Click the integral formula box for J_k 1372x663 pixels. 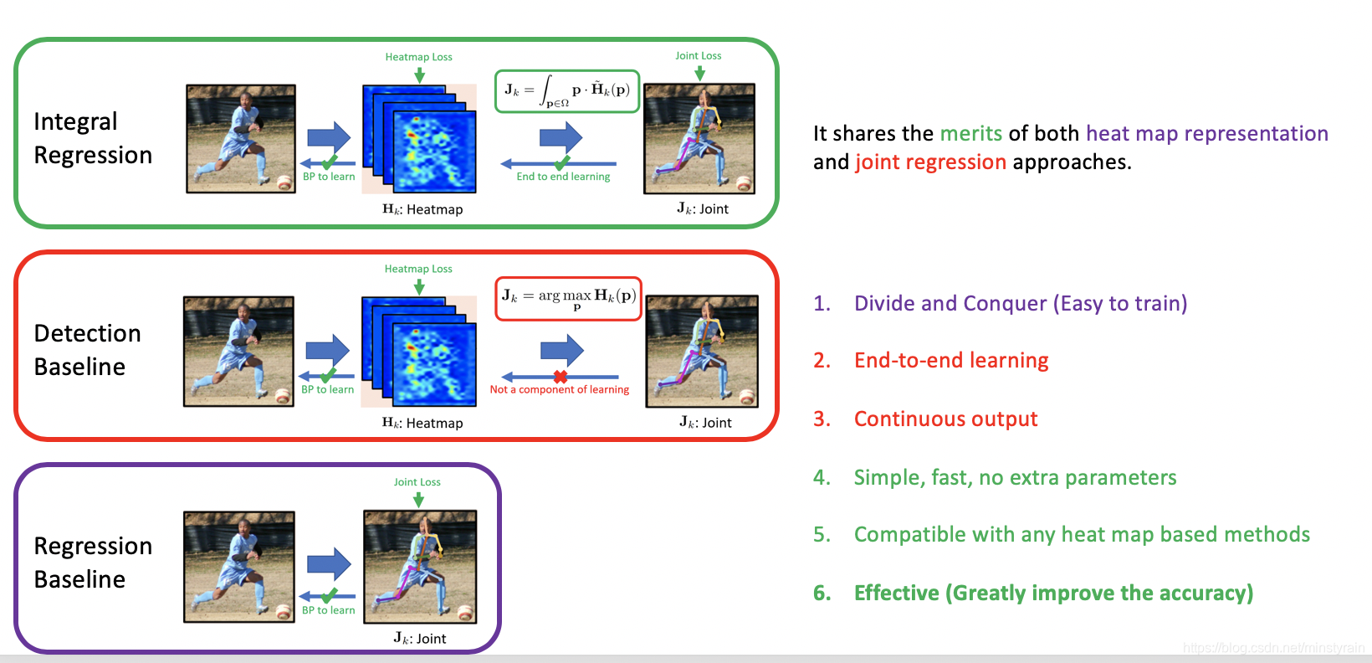[567, 91]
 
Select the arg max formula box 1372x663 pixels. [569, 298]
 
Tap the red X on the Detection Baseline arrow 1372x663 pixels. [561, 377]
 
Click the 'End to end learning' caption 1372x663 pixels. [563, 177]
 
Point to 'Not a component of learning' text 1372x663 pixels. [559, 389]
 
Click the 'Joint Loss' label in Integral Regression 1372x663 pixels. [699, 56]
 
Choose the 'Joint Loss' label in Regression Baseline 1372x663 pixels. [417, 482]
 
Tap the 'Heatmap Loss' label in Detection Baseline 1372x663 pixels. [418, 269]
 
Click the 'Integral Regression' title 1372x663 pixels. [93, 138]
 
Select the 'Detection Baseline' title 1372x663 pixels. [87, 350]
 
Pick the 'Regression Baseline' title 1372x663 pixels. [93, 563]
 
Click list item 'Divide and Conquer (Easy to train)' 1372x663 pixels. [1020, 303]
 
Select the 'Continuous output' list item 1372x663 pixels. [945, 419]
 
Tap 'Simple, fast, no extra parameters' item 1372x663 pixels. [1015, 477]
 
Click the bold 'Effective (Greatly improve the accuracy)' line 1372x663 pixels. [1053, 593]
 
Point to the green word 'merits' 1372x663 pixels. [970, 134]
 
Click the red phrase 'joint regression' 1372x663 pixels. [930, 162]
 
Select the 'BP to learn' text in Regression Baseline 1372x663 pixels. [328, 610]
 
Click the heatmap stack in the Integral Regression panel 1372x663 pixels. [419, 139]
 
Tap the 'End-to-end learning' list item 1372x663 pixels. [951, 360]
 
